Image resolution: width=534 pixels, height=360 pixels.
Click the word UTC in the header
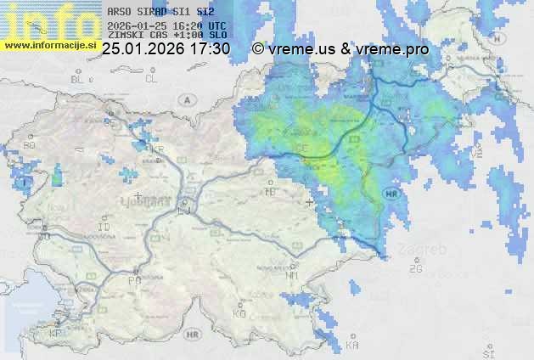coord(217,26)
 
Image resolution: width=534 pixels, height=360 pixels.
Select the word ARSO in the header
coord(118,13)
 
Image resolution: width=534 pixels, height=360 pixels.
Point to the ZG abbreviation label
coord(415,268)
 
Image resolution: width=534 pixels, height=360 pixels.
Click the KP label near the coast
coord(56,334)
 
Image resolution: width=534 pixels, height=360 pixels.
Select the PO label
coord(133,279)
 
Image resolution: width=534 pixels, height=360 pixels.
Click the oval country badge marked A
coord(185,100)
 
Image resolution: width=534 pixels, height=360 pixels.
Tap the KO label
coord(239,313)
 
